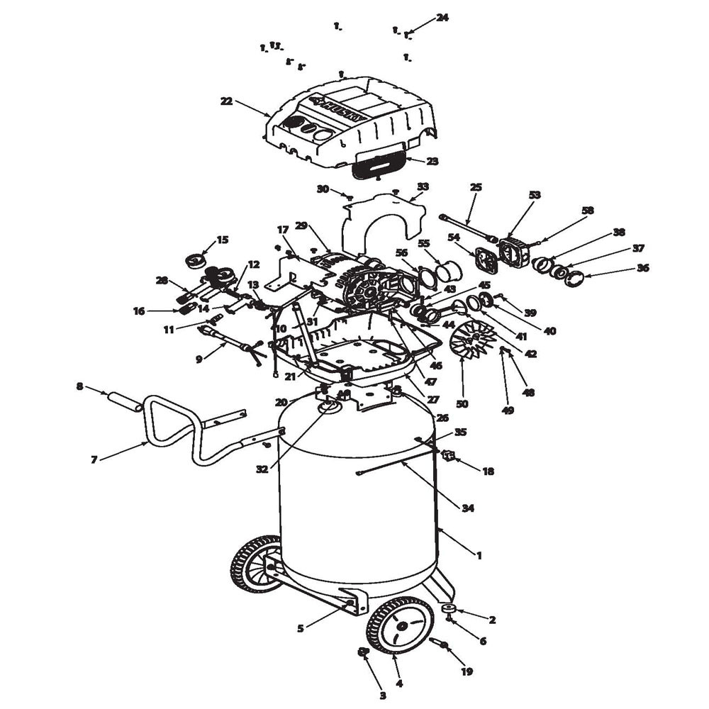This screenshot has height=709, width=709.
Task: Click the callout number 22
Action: tap(226, 101)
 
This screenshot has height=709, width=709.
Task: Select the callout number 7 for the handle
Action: tap(94, 460)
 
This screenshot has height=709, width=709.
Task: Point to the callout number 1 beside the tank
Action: tap(479, 555)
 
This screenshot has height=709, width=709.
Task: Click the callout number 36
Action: tap(642, 268)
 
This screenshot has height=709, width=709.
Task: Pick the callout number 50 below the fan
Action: tap(462, 404)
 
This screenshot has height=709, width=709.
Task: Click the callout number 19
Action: tap(467, 671)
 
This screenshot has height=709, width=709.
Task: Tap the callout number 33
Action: tap(423, 186)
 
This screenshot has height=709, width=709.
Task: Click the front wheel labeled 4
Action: tap(396, 626)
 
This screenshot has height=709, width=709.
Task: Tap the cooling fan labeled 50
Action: tap(472, 339)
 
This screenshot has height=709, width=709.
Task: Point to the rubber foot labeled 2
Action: tap(448, 608)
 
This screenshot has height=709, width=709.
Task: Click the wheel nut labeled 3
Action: tap(362, 652)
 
